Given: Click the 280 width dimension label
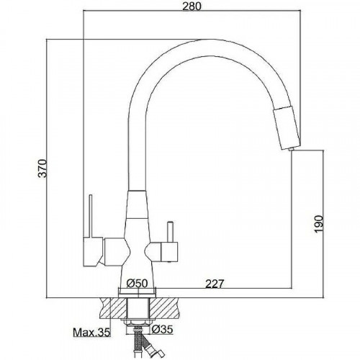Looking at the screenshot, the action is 192,6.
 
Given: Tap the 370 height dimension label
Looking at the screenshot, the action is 43,168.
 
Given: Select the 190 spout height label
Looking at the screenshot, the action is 319,224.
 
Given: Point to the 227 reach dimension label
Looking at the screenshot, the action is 215,284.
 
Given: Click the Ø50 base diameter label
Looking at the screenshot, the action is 137,284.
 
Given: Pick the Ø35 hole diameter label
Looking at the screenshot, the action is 162,330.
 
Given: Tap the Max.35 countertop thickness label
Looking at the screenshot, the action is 91,333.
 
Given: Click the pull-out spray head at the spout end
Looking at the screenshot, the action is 287,127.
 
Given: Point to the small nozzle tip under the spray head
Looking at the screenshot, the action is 292,149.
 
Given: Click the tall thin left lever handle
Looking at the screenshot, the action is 91,215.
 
